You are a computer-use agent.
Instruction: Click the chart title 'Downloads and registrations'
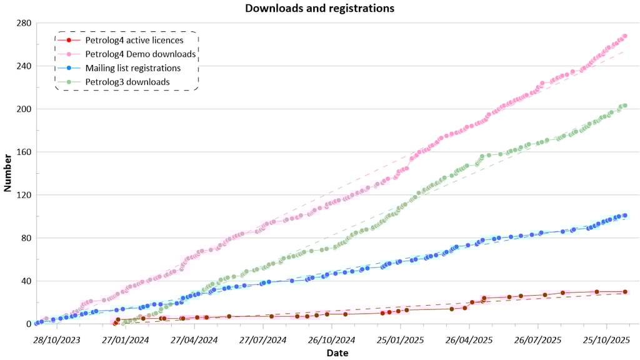click(x=319, y=8)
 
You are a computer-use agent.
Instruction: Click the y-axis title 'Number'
click(x=8, y=173)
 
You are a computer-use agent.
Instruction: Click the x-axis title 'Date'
click(x=336, y=353)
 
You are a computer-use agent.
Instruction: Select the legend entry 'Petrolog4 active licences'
click(x=134, y=41)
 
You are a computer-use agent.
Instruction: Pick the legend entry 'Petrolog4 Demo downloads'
click(x=141, y=54)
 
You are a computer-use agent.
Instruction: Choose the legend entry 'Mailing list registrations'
click(x=133, y=68)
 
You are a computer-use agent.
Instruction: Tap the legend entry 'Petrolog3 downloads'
click(x=127, y=82)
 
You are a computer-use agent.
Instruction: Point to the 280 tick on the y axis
click(x=24, y=23)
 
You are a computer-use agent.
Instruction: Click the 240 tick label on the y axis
click(x=24, y=66)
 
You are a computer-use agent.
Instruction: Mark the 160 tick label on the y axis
click(x=24, y=152)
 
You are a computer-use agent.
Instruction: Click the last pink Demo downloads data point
click(x=624, y=36)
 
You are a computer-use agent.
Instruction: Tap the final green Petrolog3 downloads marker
click(x=624, y=106)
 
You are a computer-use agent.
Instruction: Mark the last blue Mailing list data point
click(x=624, y=216)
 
